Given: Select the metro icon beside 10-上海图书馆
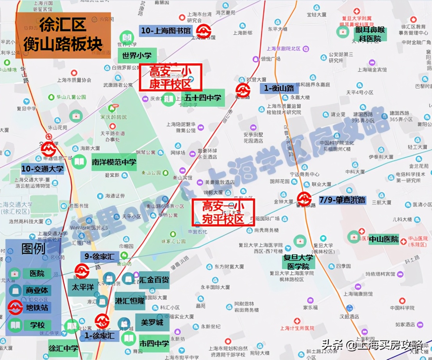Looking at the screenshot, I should (203, 32).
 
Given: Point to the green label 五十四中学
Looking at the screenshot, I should (203, 98).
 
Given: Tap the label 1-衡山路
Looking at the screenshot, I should (279, 88).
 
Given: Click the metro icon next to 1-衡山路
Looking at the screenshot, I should (243, 90).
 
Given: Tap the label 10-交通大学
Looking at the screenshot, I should (42, 169).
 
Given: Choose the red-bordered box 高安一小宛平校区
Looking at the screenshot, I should (223, 212).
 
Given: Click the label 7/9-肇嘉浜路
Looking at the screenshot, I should (343, 200).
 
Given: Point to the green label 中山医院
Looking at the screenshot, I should (384, 239).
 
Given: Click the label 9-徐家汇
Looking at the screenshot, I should (100, 257).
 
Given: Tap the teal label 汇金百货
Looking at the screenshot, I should (154, 280).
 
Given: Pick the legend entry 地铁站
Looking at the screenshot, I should (37, 307).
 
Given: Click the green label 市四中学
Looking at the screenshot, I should (154, 344).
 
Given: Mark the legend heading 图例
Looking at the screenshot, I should (33, 249).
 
